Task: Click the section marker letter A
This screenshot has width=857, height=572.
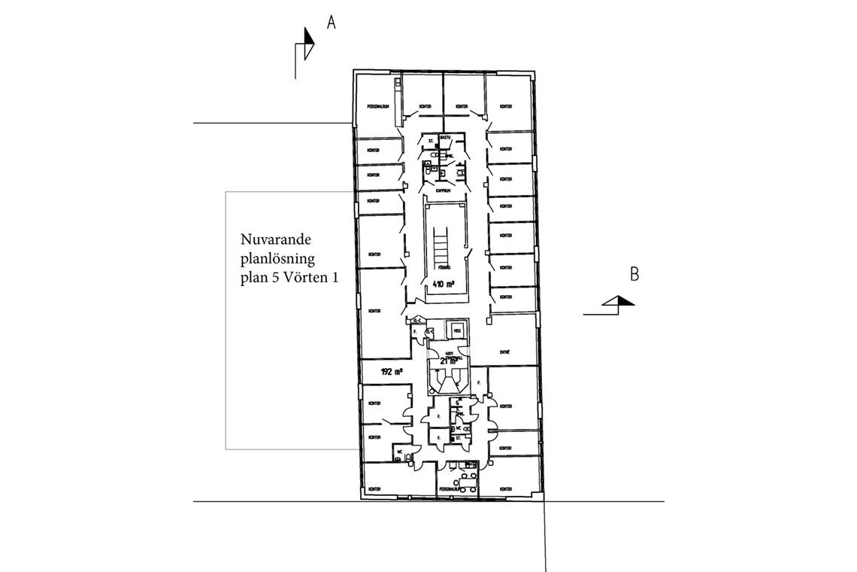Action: pyautogui.click(x=331, y=23)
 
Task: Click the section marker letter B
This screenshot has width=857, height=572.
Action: pyautogui.click(x=634, y=275)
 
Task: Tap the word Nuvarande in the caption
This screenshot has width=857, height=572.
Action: pyautogui.click(x=276, y=240)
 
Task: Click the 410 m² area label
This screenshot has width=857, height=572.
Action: pyautogui.click(x=445, y=284)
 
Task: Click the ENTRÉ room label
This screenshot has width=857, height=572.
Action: pyautogui.click(x=505, y=351)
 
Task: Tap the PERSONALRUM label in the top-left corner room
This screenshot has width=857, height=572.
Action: pyautogui.click(x=377, y=106)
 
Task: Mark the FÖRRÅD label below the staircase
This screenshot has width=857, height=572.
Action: pyautogui.click(x=444, y=267)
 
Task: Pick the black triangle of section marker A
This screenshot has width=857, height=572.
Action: pyautogui.click(x=307, y=37)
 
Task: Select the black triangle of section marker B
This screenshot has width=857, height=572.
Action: pyautogui.click(x=625, y=301)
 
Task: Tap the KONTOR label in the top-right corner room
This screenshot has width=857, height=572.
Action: pyautogui.click(x=504, y=106)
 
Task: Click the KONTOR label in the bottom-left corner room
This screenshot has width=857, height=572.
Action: pyautogui.click(x=374, y=488)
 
